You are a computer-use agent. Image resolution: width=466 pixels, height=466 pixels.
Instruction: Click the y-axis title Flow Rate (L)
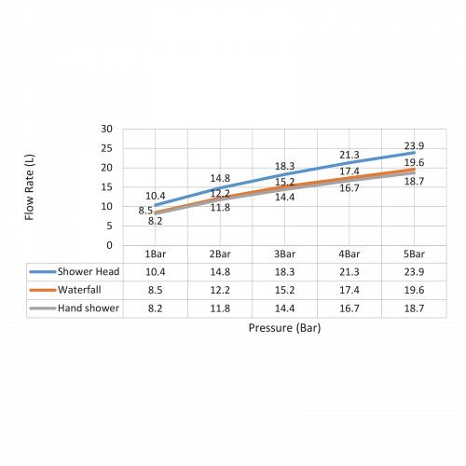point(30,187)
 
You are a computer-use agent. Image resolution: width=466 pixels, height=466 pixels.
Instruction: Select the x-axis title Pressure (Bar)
point(284,328)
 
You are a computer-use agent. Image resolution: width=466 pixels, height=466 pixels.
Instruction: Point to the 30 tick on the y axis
point(106,129)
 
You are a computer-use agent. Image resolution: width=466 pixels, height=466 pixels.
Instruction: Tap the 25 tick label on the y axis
point(106,148)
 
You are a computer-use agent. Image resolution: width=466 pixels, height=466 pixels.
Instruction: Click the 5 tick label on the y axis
point(109,226)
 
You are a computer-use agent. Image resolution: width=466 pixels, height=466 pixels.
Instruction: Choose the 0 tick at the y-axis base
point(109,245)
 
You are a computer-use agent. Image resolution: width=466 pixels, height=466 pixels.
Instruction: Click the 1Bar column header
point(156,254)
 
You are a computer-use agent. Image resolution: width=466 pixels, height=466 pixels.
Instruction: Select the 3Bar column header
point(284,254)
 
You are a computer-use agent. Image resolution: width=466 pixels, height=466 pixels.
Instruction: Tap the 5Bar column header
point(414,254)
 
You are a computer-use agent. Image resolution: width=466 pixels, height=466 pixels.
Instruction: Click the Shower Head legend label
point(89,271)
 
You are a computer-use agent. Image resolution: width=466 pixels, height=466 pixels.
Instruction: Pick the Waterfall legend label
point(79,290)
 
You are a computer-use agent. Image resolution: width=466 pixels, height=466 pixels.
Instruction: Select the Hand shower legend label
point(89,308)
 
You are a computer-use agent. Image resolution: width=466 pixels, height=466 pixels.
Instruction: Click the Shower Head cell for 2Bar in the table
point(220,272)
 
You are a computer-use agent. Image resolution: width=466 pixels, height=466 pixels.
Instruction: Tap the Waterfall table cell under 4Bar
point(349,290)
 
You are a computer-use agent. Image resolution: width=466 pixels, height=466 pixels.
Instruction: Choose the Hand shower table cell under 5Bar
point(414,308)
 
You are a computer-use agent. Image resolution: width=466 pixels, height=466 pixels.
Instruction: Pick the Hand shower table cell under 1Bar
point(156,308)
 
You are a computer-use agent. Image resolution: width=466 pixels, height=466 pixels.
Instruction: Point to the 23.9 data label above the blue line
point(414,145)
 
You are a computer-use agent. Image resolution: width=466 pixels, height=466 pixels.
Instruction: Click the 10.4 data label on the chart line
point(156,196)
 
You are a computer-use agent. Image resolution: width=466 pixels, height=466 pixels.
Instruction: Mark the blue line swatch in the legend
point(43,272)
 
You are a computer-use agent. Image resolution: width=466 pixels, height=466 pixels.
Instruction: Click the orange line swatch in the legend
point(43,290)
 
